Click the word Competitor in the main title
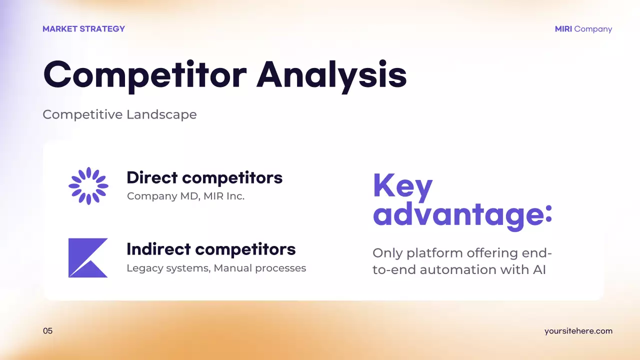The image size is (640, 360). pos(145,75)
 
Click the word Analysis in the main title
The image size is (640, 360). pos(331,75)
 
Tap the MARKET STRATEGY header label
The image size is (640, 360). pos(83,29)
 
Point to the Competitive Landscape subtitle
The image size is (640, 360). pos(119,114)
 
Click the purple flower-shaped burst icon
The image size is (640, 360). pos(88,186)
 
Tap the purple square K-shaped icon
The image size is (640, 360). pos(88,257)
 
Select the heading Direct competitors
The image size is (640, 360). pos(204,177)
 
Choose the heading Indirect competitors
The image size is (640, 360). pos(211,249)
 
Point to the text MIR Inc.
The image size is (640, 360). pos(224,196)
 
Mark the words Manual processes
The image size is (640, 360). pos(260,268)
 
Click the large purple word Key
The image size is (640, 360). pos(402,186)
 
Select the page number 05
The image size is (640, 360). pos(47,331)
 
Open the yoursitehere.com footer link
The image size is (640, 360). pos(578,331)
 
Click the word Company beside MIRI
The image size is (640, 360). pos(593,29)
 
